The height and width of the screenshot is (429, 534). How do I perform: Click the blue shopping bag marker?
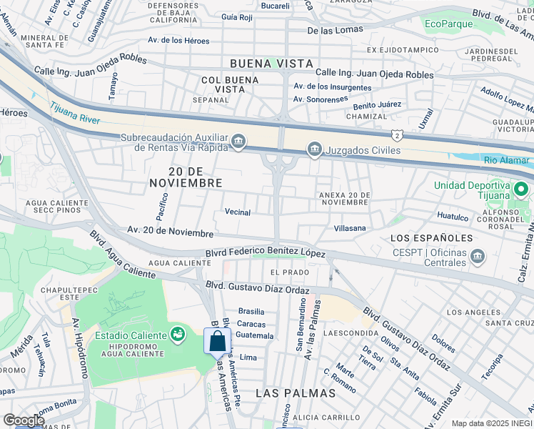[x=216, y=341]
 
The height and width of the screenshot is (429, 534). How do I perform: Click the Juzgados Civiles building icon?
[x=313, y=149]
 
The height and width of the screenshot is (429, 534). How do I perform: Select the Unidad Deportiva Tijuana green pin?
[x=521, y=191]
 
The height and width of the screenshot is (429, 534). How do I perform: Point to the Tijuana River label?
[x=75, y=114]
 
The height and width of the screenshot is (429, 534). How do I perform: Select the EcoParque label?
[x=448, y=24]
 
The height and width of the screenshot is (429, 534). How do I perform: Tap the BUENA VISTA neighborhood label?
[x=271, y=64]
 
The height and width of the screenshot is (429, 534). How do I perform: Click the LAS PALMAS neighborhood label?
[x=295, y=393]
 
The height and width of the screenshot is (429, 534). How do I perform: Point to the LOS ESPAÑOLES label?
[x=431, y=237]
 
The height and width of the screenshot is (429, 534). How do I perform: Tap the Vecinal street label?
[x=238, y=212]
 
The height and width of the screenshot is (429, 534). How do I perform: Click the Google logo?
[x=24, y=420]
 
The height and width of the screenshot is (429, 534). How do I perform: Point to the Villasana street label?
[x=349, y=228]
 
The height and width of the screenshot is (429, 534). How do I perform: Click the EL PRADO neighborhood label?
[x=290, y=272]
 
